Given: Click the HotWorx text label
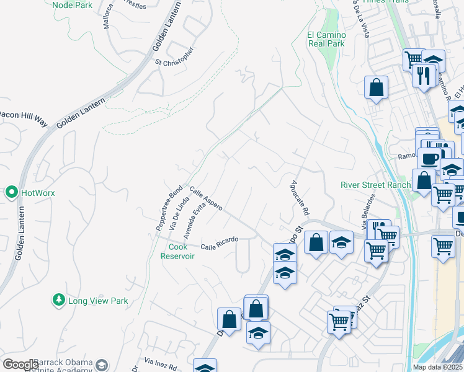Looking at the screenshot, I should pyautogui.click(x=38, y=193).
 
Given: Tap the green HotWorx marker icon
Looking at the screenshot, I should pyautogui.click(x=11, y=193).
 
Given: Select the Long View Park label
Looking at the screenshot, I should pyautogui.click(x=98, y=301).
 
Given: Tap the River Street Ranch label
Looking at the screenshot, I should pyautogui.click(x=375, y=185).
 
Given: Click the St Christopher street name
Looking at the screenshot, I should pyautogui.click(x=175, y=56).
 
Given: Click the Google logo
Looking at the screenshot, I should pyautogui.click(x=20, y=365).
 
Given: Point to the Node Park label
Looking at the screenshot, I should pyautogui.click(x=74, y=5).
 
